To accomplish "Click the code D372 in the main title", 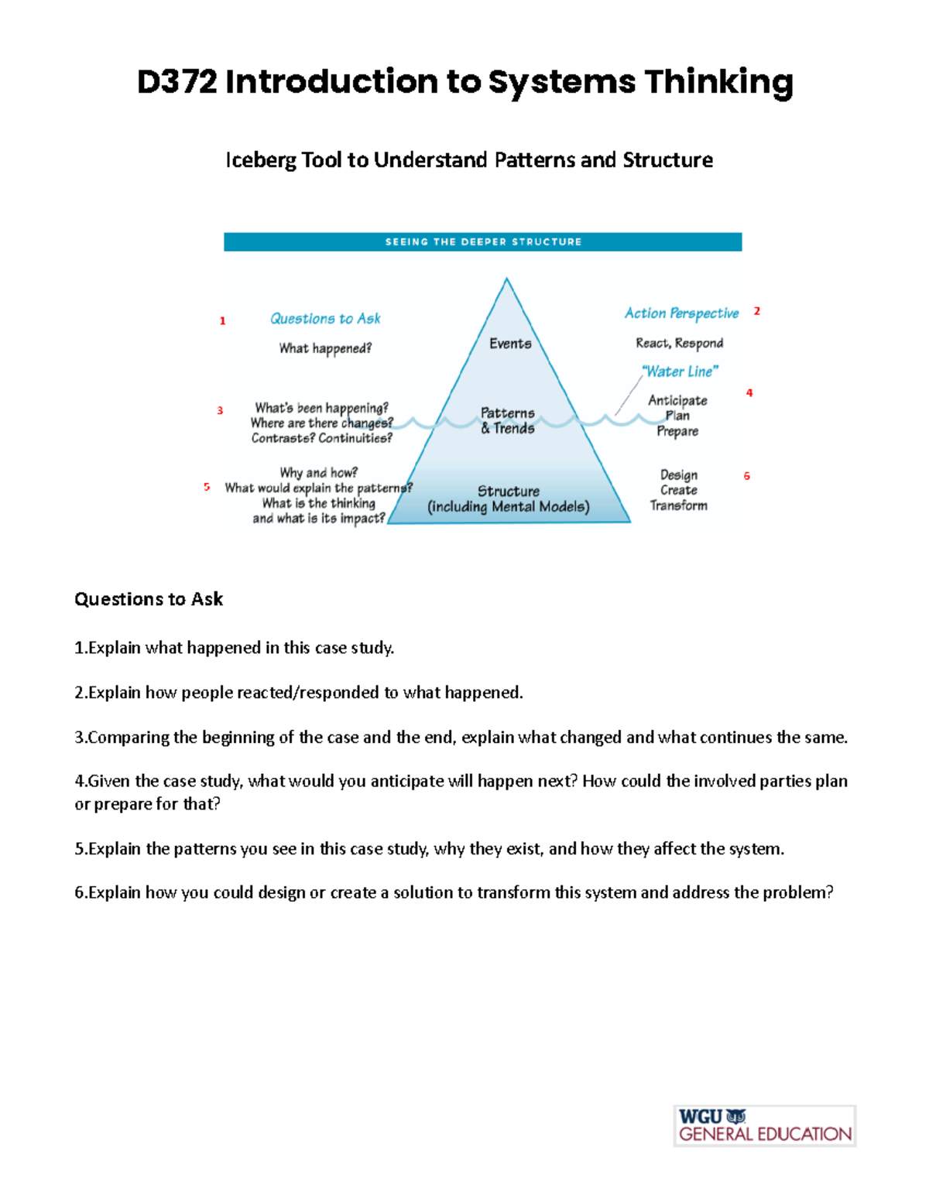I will (x=177, y=82).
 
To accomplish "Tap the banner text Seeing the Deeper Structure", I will (x=483, y=242).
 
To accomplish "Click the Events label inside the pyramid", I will (x=510, y=344).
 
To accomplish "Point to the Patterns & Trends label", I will (x=508, y=420).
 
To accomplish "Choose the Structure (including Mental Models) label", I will (x=509, y=499).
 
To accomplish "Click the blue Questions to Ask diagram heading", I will (x=325, y=319).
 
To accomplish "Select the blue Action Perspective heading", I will (x=681, y=313).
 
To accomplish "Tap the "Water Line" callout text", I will (x=680, y=372).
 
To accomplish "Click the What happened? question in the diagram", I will (x=325, y=348).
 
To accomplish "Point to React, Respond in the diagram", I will (x=679, y=343).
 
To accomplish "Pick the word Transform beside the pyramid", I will (x=678, y=505).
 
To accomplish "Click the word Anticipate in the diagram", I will (x=677, y=400).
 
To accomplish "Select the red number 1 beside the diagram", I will (x=223, y=320).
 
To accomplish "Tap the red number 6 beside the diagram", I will (x=747, y=476).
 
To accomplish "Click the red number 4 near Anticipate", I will (x=749, y=393).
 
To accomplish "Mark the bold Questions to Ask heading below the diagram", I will (x=149, y=599).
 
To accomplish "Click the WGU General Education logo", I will (x=765, y=1126).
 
